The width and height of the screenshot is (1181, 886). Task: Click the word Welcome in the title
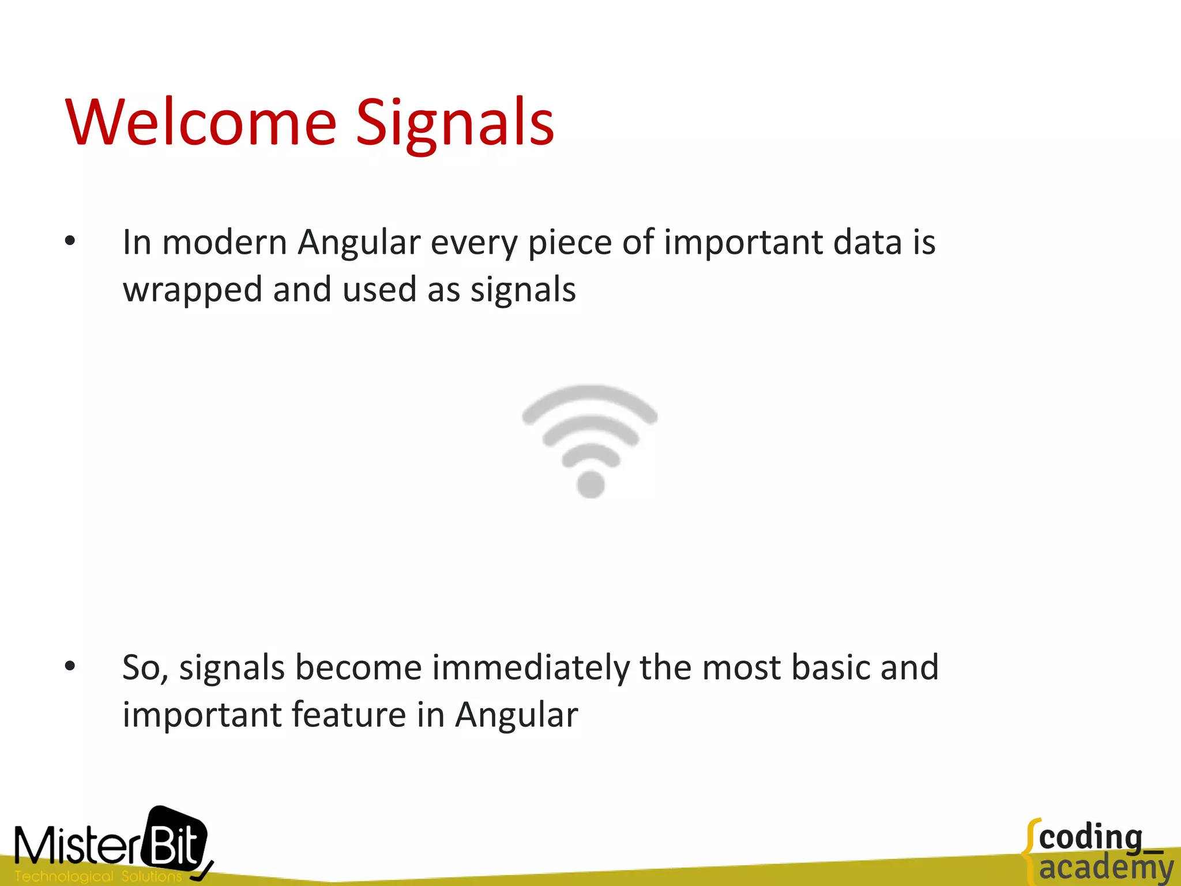pos(201,122)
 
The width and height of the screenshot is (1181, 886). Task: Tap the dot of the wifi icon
pos(590,483)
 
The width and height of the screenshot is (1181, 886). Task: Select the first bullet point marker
pos(70,242)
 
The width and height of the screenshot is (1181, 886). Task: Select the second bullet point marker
pos(70,667)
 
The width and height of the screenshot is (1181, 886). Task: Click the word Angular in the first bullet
pos(359,242)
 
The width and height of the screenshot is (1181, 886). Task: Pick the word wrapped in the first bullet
pos(192,290)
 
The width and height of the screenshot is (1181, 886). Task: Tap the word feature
pos(348,715)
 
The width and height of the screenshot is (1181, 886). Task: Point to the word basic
pos(830,667)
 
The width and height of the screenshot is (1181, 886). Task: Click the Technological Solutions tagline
pos(98,876)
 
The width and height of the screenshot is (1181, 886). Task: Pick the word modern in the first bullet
pos(224,242)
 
